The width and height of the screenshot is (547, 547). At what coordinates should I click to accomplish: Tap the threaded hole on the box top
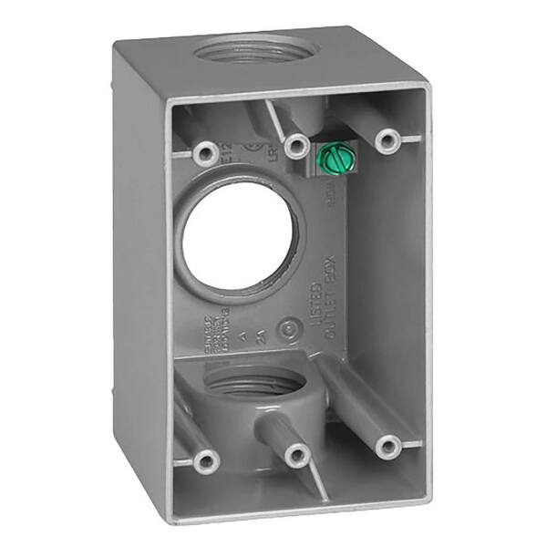coord(252,50)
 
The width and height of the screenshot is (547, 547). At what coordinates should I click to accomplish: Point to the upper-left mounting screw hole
coord(204,151)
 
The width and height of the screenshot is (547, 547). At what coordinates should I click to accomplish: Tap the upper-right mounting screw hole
coord(389,139)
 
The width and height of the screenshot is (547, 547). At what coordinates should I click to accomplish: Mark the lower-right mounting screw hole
coord(389,446)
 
